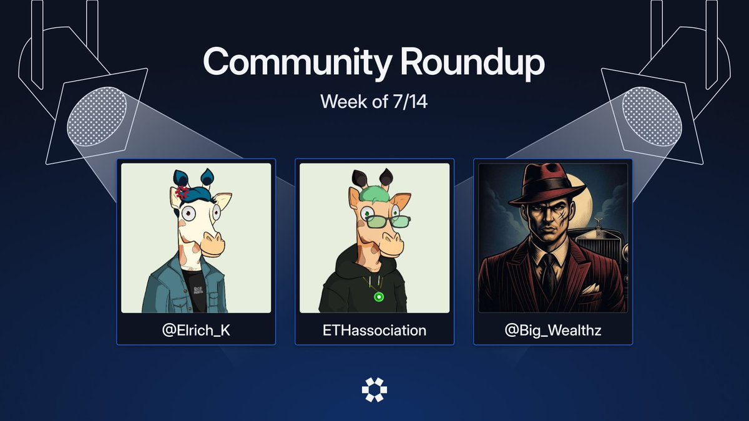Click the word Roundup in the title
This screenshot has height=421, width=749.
472,62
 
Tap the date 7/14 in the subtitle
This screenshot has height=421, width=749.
410,101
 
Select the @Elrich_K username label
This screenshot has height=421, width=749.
196,331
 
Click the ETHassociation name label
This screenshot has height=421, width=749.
374,331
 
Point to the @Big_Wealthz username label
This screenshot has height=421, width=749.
553,331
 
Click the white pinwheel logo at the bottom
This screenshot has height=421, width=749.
374,390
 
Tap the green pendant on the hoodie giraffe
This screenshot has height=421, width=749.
379,296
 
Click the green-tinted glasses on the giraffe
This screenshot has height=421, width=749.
388,221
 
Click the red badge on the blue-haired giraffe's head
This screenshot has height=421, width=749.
182,193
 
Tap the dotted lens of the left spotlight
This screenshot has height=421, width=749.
97,116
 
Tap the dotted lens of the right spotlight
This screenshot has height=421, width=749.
652,116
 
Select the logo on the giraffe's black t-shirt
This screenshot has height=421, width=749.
198,289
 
